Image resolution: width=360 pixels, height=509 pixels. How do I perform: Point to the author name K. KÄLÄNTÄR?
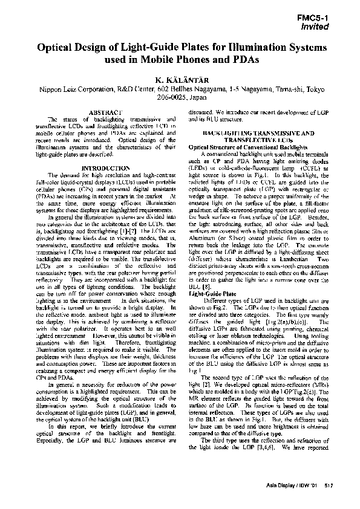(x=180, y=79)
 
